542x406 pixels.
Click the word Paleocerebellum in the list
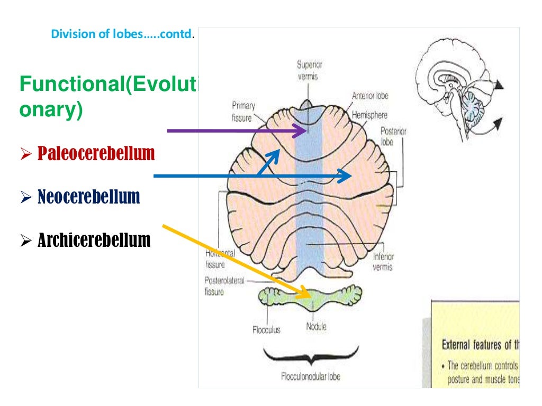(96, 154)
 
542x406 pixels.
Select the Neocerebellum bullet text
(88, 197)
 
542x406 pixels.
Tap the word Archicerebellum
(94, 241)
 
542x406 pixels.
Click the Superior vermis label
(309, 70)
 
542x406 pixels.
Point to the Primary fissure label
(243, 111)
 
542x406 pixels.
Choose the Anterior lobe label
(370, 96)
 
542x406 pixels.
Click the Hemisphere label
(369, 114)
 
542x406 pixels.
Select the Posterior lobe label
(393, 136)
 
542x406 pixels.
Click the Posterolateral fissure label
(224, 285)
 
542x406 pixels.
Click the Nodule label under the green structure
(316, 327)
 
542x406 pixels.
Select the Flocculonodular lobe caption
(311, 376)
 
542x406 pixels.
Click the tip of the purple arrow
(306, 130)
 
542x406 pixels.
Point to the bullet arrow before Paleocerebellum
(26, 155)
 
